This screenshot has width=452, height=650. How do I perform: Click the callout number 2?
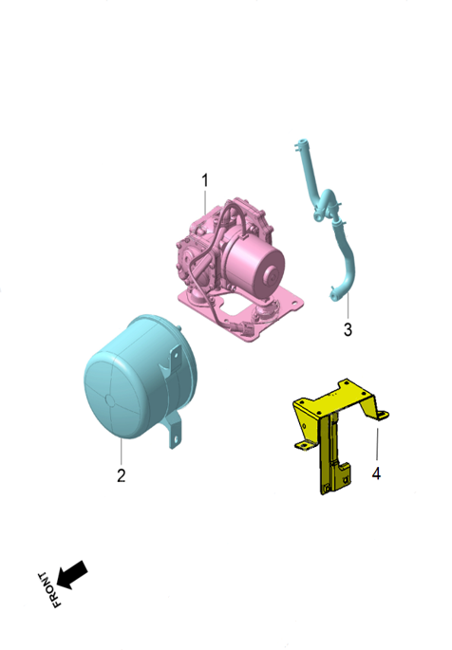(121, 474)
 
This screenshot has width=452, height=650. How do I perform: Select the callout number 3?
(348, 330)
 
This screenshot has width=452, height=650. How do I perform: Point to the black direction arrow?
(73, 573)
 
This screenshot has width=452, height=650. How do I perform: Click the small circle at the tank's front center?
(110, 400)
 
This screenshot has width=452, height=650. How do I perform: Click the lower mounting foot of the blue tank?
(174, 436)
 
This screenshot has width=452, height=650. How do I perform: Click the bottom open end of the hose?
(333, 296)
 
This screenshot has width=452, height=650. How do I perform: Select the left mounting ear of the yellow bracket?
(303, 443)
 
